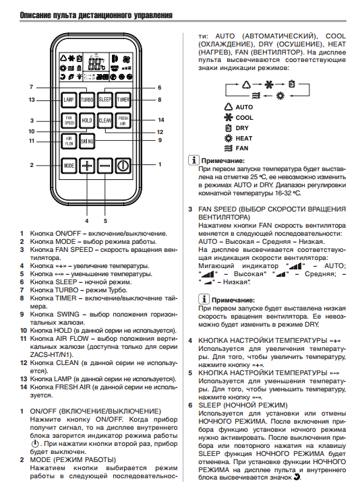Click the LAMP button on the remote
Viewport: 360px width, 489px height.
69,100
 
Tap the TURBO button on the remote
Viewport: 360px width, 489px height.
87,100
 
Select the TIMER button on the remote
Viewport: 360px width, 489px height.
123,100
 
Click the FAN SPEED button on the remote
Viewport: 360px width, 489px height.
69,121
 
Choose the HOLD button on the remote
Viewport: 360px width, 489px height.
87,121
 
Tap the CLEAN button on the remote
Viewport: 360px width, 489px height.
105,121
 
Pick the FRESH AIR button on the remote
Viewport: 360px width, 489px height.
123,121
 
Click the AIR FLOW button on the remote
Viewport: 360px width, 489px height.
69,141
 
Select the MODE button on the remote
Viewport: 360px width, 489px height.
69,166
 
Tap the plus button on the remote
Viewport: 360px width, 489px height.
87,166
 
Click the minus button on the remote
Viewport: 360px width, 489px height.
105,166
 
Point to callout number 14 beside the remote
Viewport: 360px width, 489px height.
161,120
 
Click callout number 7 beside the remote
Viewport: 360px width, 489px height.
31,87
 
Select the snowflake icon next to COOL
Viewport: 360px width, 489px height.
229,118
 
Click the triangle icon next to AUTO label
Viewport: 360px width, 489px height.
229,107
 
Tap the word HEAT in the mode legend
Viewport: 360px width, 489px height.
244,138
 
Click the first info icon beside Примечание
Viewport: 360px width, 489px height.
193,160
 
